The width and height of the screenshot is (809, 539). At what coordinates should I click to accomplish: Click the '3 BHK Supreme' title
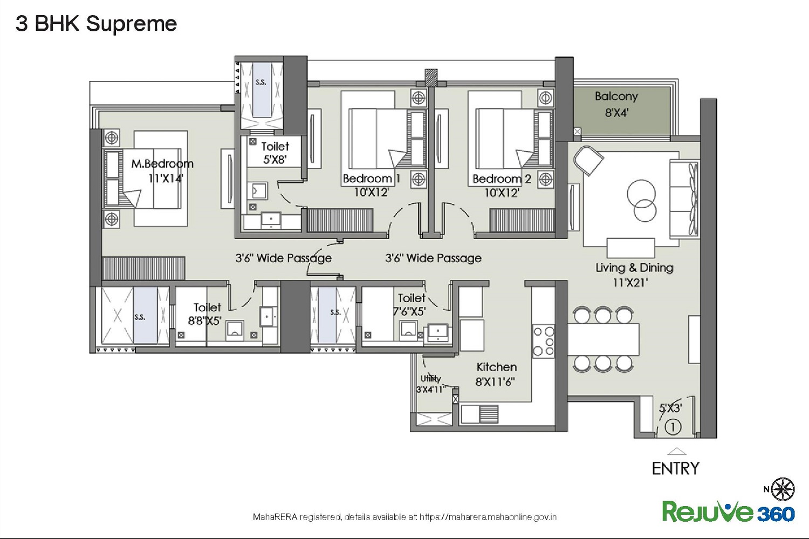96,24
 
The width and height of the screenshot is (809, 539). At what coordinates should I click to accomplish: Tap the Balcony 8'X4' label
616,105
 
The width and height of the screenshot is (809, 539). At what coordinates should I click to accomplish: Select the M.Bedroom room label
162,164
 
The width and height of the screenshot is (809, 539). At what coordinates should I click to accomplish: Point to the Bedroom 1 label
371,179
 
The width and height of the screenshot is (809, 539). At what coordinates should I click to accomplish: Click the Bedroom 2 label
502,179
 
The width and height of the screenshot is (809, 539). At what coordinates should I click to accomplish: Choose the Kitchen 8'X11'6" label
496,374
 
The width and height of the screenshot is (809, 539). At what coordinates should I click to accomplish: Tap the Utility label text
430,378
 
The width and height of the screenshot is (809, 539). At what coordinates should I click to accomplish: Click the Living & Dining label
635,268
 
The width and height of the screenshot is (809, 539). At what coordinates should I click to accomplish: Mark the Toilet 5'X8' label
275,153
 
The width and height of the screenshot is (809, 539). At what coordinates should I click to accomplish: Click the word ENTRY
675,468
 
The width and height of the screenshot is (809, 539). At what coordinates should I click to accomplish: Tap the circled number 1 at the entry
673,427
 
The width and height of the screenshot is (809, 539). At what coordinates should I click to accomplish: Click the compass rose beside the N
783,489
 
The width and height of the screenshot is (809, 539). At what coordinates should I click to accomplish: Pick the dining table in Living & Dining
603,339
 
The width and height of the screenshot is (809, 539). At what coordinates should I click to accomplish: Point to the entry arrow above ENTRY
676,451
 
